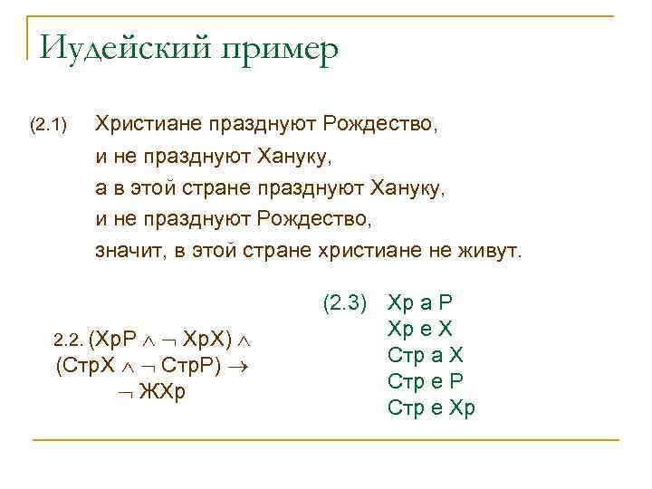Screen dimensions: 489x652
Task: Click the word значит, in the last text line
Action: click(129, 249)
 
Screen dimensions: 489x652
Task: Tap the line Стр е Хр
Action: click(431, 408)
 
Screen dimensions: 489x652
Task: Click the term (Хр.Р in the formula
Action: click(115, 340)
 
